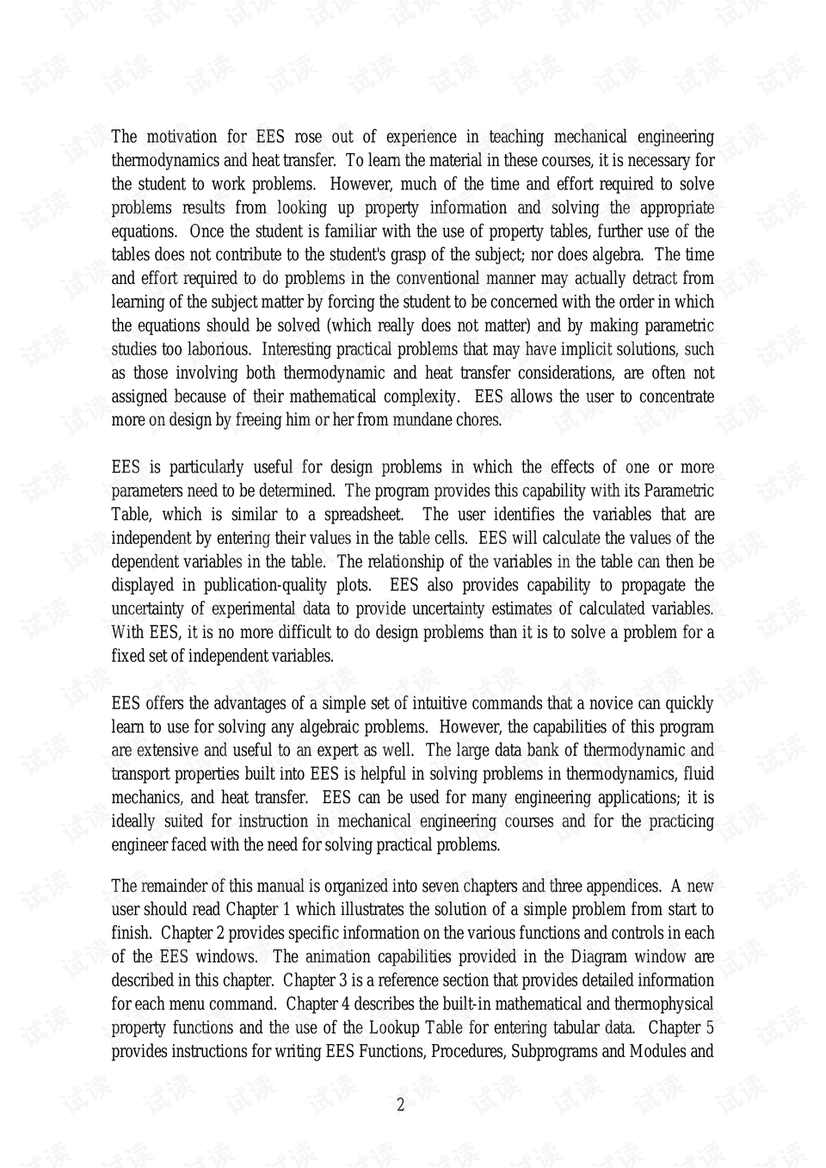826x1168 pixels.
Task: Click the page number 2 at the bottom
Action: pyautogui.click(x=400, y=1105)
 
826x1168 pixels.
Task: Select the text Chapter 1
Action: pyautogui.click(x=252, y=910)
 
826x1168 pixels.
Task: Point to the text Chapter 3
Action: pyautogui.click(x=314, y=980)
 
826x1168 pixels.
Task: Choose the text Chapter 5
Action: pyautogui.click(x=681, y=1028)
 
